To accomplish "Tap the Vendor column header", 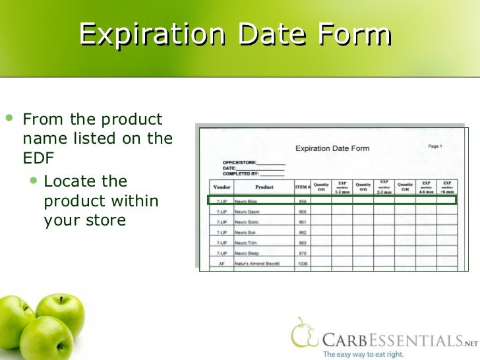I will pos(222,187).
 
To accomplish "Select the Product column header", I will pos(264,187).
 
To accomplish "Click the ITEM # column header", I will pos(303,187).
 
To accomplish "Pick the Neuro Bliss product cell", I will pos(247,200).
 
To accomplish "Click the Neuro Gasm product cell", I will pos(247,211).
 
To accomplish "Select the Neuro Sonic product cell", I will pos(247,222).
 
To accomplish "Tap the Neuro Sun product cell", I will pos(246,232).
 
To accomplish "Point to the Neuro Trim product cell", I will pos(247,243).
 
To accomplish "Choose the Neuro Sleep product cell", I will pos(248,253).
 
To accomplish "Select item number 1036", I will pos(303,264).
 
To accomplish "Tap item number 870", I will pos(303,253).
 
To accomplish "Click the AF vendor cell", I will pos(222,264).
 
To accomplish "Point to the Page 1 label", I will pos(435,146).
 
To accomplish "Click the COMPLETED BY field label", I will pos(241,175).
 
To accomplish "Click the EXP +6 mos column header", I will pos(447,187).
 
